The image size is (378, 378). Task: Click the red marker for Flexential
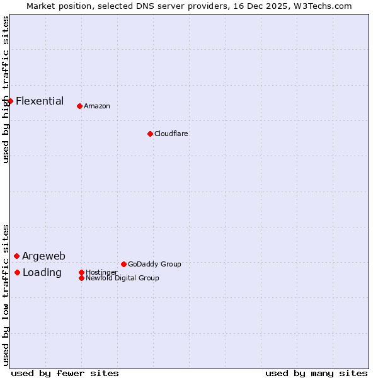click(x=10, y=101)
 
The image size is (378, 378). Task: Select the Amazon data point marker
click(x=79, y=106)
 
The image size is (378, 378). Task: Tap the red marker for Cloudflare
click(x=150, y=134)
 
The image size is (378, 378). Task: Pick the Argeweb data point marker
click(x=17, y=256)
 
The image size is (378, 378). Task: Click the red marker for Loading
click(x=18, y=272)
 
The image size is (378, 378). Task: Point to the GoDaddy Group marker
click(x=123, y=264)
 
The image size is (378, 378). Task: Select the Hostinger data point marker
click(x=81, y=272)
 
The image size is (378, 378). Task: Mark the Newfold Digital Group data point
click(x=81, y=278)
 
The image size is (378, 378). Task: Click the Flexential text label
click(x=40, y=101)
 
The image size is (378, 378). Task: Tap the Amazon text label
click(x=97, y=106)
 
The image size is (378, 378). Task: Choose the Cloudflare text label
click(x=171, y=134)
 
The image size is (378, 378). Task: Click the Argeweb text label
click(x=43, y=256)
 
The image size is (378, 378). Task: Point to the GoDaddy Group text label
click(x=154, y=264)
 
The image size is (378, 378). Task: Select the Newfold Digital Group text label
click(x=122, y=278)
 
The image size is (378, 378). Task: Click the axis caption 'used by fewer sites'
click(x=65, y=373)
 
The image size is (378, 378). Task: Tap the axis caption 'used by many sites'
click(x=316, y=373)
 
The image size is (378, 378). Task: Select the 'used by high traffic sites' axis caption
click(x=6, y=89)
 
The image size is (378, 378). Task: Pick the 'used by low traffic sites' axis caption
click(x=6, y=295)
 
